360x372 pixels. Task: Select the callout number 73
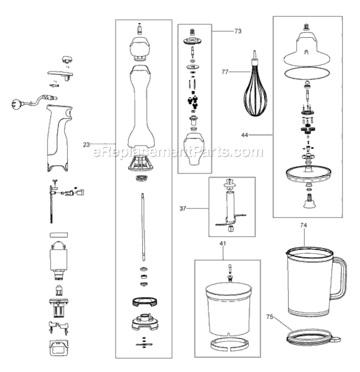click(221, 31)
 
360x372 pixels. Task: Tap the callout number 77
click(226, 72)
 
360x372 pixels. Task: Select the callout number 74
click(303, 224)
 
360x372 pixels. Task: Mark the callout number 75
click(269, 317)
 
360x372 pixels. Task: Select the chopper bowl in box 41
click(229, 305)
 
